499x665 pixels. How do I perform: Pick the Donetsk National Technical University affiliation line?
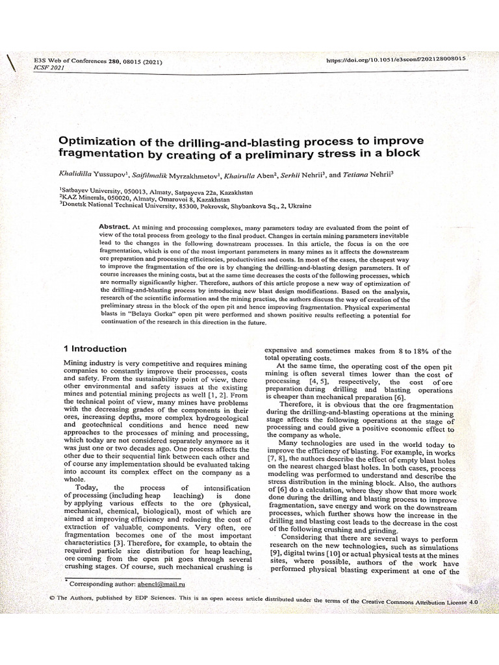point(185,206)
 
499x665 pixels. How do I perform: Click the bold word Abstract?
point(114,226)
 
